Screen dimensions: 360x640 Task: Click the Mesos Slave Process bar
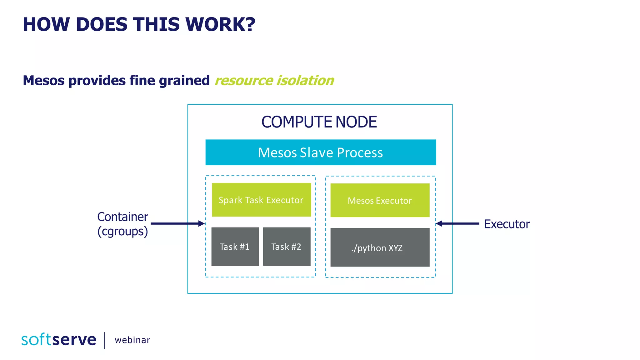click(x=321, y=152)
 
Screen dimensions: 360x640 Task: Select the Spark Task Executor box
click(x=261, y=200)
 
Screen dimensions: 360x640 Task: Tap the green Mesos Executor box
click(x=380, y=200)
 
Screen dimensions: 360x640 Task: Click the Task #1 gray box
click(x=235, y=247)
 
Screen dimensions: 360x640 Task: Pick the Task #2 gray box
click(x=287, y=247)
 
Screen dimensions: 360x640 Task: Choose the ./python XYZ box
click(x=380, y=247)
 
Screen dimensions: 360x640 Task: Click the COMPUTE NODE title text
click(x=319, y=122)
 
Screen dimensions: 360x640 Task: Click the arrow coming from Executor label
click(x=457, y=223)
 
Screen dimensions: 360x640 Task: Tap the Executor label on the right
click(x=507, y=224)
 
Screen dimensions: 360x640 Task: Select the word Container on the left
click(x=122, y=217)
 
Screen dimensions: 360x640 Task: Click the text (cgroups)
click(x=122, y=232)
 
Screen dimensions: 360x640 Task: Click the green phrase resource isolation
click(x=274, y=81)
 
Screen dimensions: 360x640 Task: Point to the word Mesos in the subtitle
click(x=44, y=81)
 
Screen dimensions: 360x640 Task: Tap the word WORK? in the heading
click(x=220, y=24)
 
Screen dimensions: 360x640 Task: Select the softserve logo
click(x=59, y=340)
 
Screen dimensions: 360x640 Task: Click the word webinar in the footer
click(x=132, y=340)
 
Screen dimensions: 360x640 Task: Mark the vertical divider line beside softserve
click(x=104, y=340)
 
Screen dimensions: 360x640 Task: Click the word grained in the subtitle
click(x=184, y=81)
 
